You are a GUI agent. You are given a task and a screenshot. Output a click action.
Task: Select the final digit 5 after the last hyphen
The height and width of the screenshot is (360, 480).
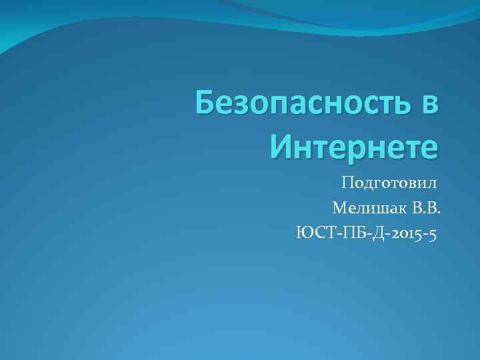(x=433, y=234)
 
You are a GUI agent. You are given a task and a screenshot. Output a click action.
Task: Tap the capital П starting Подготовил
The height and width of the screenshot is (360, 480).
(x=347, y=182)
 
